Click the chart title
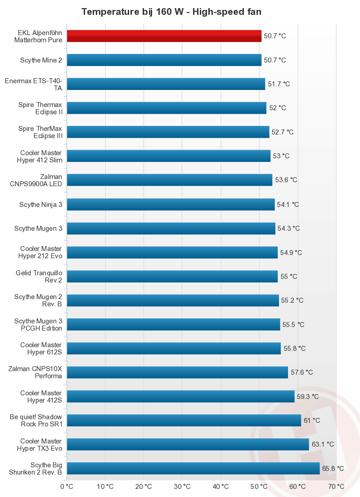coord(171,12)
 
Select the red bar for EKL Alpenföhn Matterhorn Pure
coord(164,36)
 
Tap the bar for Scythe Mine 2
coord(164,60)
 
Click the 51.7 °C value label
coord(279,84)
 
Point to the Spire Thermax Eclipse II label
coord(40,108)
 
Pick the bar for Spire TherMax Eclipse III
coord(168,132)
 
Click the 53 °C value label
coord(281,156)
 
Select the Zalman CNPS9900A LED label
coord(36,180)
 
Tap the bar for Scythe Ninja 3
coord(171,204)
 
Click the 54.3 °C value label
coord(288,228)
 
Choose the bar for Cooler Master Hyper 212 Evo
coord(172,252)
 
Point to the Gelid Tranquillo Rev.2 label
coord(39,276)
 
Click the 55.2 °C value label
coord(292,300)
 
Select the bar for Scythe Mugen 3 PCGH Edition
coord(173,324)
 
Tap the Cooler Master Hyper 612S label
coord(41,348)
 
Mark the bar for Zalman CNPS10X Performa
coord(177,372)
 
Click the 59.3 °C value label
coord(308,397)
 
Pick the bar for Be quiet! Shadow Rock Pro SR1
coord(184,421)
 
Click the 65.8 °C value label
coord(333,469)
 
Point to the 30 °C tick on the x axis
coord(182,486)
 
